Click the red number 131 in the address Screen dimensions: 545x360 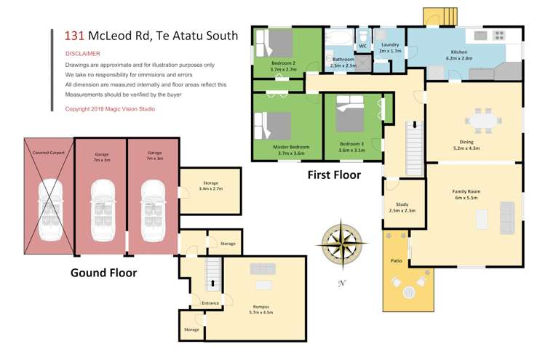click(74, 36)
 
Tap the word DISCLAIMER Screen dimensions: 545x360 click(83, 54)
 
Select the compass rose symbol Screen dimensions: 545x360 click(342, 244)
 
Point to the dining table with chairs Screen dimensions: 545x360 click(483, 121)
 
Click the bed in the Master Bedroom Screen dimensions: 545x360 click(272, 125)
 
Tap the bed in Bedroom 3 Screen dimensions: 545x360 click(350, 113)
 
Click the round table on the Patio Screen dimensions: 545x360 click(409, 292)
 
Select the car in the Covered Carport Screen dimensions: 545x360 click(50, 210)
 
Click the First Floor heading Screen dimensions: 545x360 click(334, 175)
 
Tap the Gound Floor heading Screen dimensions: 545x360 click(103, 273)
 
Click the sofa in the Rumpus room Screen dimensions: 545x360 click(263, 269)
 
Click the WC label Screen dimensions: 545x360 click(363, 46)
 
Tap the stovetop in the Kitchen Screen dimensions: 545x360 click(499, 35)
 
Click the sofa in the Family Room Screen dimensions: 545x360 click(507, 218)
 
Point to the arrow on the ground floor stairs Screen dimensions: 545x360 click(212, 283)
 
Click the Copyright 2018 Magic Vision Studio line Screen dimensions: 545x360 click(110, 109)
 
